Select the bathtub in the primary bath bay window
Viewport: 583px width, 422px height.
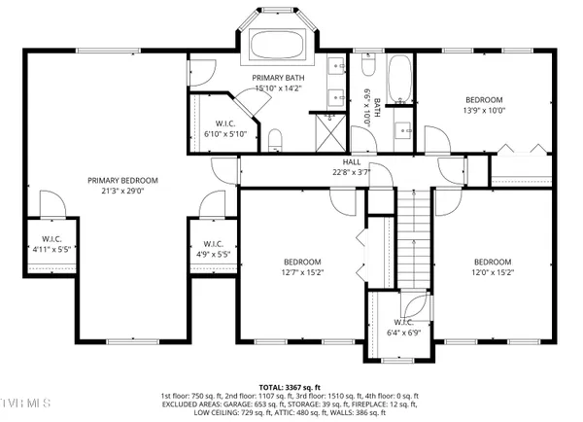[278, 45]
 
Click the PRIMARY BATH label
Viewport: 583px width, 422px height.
[278, 77]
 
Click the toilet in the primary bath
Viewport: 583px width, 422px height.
[275, 139]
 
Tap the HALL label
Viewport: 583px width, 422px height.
[352, 162]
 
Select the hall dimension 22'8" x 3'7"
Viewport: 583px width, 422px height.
[352, 173]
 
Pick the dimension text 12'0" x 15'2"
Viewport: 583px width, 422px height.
[492, 272]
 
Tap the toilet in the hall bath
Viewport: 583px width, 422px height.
[368, 65]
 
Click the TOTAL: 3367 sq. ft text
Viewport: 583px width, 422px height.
[292, 386]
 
